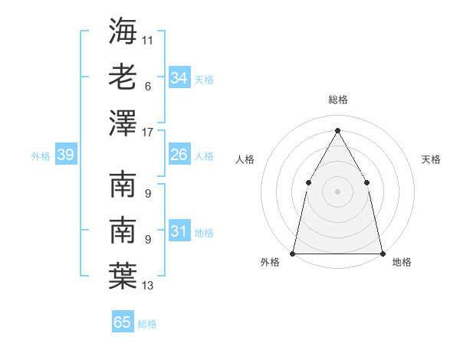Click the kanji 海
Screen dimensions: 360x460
pos(123,31)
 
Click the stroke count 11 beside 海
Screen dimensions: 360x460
pos(148,39)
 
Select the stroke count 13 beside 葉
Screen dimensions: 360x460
pos(148,286)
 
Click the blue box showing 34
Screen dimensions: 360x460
pos(179,78)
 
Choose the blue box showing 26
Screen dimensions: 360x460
pos(179,155)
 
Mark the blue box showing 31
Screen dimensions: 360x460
pos(179,231)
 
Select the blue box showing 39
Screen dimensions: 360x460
pos(65,155)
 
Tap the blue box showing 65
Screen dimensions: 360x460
pos(123,322)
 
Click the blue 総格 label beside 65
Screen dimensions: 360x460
pos(147,324)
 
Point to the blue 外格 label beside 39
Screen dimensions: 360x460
pos(41,156)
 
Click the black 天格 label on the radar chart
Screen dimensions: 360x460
pos(432,159)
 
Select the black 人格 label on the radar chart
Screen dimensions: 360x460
pos(245,159)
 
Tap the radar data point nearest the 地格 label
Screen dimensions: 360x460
pos(382,253)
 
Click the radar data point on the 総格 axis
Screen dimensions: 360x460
pos(337,129)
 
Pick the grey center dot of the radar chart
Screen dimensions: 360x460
pos(337,191)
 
